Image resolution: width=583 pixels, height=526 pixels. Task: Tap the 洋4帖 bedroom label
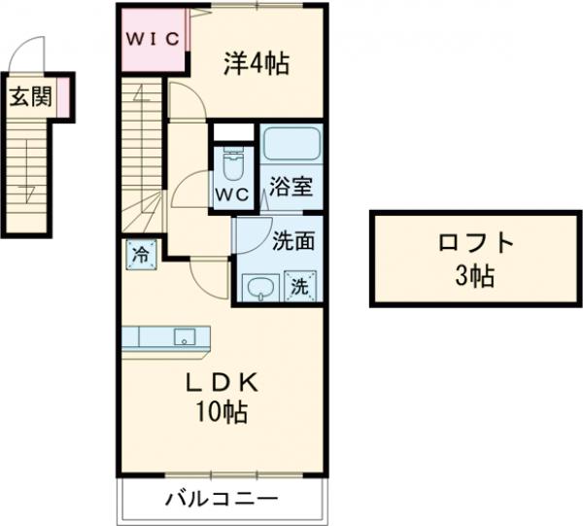[255, 65]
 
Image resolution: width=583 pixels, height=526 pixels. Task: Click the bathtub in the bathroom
[291, 145]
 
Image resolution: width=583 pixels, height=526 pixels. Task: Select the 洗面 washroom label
[291, 237]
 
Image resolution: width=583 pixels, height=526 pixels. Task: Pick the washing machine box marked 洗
[301, 288]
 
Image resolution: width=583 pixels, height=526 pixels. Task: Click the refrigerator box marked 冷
[141, 257]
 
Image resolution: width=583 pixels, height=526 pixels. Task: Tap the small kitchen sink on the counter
[183, 337]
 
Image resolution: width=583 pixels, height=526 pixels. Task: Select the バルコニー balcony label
[221, 499]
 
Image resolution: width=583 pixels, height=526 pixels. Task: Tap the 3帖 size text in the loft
[475, 275]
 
